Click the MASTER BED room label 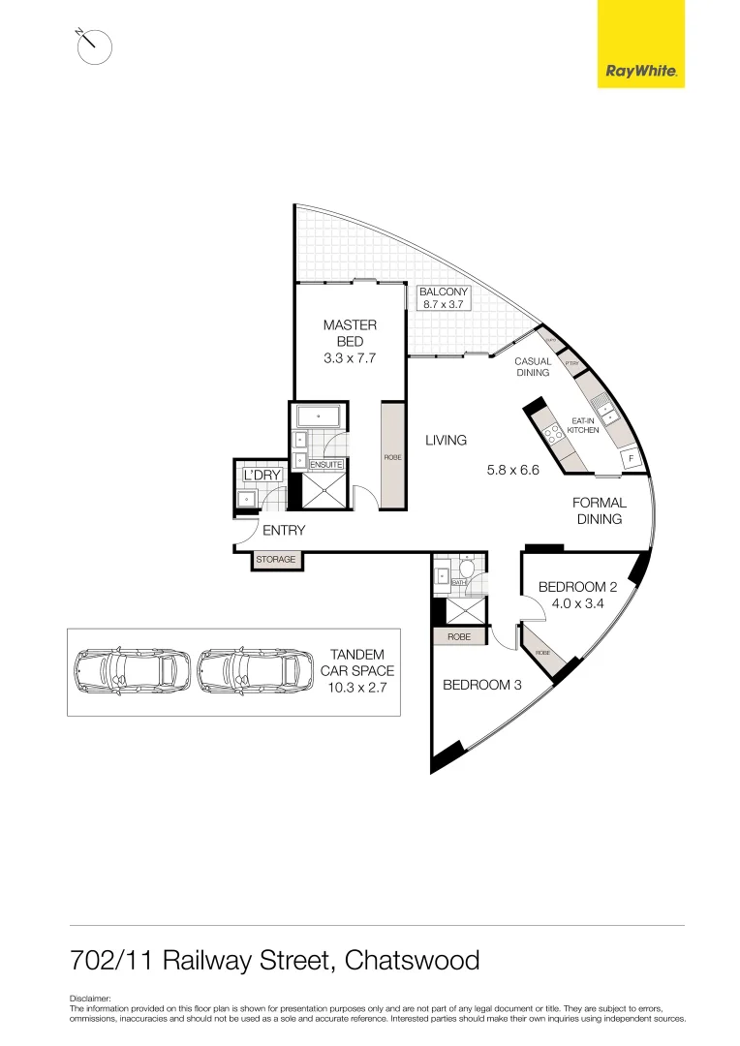(x=350, y=333)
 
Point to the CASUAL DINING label (x=533, y=367)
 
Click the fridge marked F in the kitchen (x=632, y=458)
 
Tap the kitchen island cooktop (x=554, y=435)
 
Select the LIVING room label (x=446, y=440)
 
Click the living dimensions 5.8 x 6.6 (x=512, y=471)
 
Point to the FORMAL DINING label (x=600, y=510)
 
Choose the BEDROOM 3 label (x=482, y=685)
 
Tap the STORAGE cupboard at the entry (x=276, y=560)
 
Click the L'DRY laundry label (x=262, y=476)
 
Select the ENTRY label (x=284, y=530)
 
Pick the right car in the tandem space (x=254, y=670)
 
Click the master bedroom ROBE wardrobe (x=392, y=455)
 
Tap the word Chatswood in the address (x=412, y=960)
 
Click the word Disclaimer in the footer (x=91, y=999)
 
